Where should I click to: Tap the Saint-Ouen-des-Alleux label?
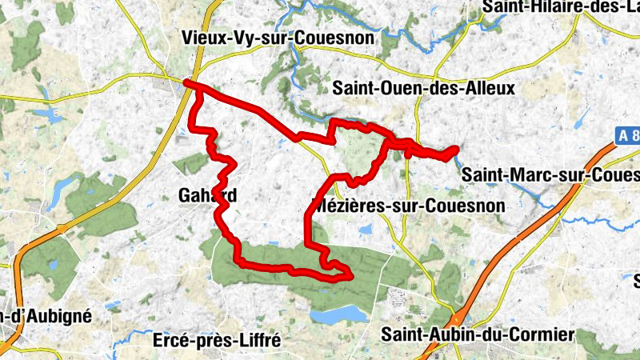[x=424, y=87]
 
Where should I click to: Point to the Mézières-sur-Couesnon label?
[x=407, y=206]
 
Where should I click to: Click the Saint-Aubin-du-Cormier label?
[x=478, y=334]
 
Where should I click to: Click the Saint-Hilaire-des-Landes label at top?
[x=561, y=7]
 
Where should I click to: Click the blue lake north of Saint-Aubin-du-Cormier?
[x=335, y=315]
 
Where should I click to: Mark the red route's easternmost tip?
[x=456, y=149]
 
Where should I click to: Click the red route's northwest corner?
[x=186, y=82]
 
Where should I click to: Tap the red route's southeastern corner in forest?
[x=350, y=276]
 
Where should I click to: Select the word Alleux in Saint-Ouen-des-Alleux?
[x=489, y=87]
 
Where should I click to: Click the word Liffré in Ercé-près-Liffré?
[x=260, y=340]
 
